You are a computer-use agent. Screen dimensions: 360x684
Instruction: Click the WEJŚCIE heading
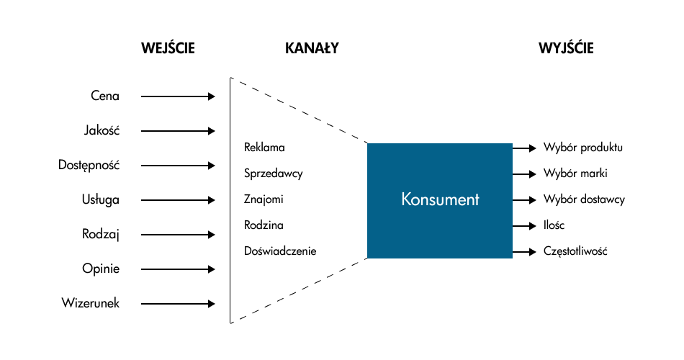pyautogui.click(x=168, y=49)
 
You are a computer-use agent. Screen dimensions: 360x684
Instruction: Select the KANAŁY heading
pyautogui.click(x=312, y=49)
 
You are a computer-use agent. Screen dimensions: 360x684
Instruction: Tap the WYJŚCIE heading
pyautogui.click(x=566, y=49)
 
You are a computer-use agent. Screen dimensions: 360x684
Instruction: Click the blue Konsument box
pyautogui.click(x=440, y=199)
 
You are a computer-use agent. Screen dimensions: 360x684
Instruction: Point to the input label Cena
pyautogui.click(x=105, y=96)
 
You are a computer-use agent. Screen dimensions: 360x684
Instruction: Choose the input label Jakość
pyautogui.click(x=102, y=130)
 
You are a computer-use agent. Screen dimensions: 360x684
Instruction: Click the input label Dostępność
pyautogui.click(x=89, y=165)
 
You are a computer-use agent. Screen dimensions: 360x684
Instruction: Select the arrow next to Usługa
pyautogui.click(x=178, y=199)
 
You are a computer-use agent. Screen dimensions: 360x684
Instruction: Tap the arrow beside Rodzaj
pyautogui.click(x=178, y=234)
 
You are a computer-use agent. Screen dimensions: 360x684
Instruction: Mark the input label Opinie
pyautogui.click(x=101, y=269)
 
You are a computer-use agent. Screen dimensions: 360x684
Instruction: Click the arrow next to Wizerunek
pyautogui.click(x=178, y=303)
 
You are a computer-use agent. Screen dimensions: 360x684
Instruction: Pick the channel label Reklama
pyautogui.click(x=264, y=148)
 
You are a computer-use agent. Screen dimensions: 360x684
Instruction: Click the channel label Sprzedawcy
pyautogui.click(x=273, y=174)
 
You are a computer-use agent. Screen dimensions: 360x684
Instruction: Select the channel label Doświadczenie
pyautogui.click(x=280, y=251)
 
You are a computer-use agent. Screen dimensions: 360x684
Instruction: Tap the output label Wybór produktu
pyautogui.click(x=583, y=148)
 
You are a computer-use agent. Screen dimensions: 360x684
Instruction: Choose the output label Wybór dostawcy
pyautogui.click(x=584, y=199)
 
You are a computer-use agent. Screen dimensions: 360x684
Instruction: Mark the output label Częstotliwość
pyautogui.click(x=577, y=251)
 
